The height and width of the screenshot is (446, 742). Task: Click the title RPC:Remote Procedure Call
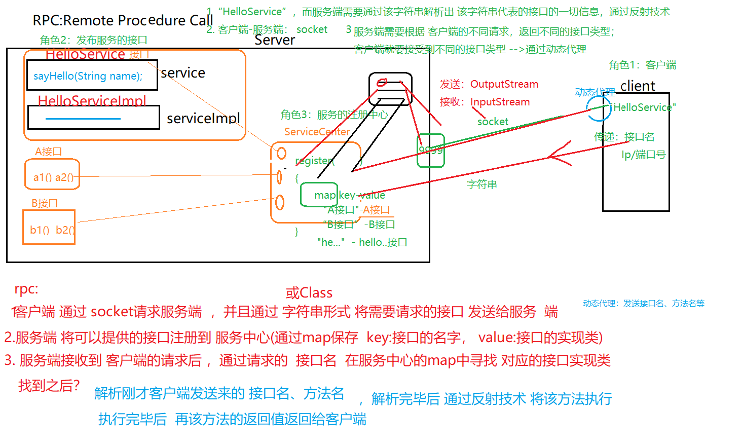tap(123, 20)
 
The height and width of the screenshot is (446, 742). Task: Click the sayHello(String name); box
tap(91, 76)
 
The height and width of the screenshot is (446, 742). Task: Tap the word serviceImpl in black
tap(203, 118)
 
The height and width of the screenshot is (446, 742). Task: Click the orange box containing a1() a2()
tap(52, 175)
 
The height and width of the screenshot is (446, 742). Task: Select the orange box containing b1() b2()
tap(49, 227)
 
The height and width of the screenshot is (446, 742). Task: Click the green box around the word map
tap(319, 195)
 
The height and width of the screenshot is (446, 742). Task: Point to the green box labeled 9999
tap(430, 150)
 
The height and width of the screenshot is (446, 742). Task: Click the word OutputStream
tap(504, 84)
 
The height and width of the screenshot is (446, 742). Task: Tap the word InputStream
tap(500, 102)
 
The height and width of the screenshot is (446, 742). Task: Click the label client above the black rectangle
tap(637, 86)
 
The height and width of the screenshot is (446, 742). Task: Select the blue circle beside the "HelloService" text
tap(598, 108)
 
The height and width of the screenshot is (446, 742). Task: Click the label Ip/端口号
tap(643, 155)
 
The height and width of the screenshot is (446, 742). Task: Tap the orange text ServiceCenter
tap(317, 132)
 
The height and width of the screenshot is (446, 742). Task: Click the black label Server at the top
tap(274, 40)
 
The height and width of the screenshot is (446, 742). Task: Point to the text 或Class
tap(309, 293)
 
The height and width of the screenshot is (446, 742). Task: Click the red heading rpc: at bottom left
tap(26, 289)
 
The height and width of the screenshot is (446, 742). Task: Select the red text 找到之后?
tap(49, 386)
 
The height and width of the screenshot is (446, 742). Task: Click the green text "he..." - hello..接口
tap(362, 242)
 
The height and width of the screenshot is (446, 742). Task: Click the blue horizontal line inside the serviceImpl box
tap(83, 119)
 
